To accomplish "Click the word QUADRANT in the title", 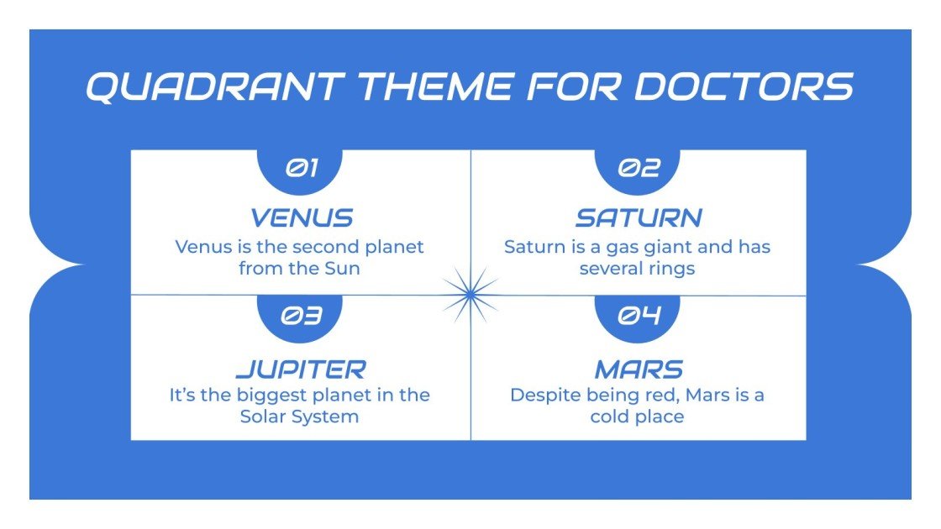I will point(214,86).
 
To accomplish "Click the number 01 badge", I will point(301,169).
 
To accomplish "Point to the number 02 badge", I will point(639,169).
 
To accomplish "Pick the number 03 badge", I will point(301,316).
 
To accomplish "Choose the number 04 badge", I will point(639,316).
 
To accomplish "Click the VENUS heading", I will point(301,218).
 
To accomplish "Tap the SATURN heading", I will point(639,218).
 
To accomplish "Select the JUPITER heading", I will point(301,369).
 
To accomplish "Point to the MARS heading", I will point(639,369).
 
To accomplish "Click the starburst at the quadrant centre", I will point(470,294).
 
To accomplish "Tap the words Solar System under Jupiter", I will point(300,416).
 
